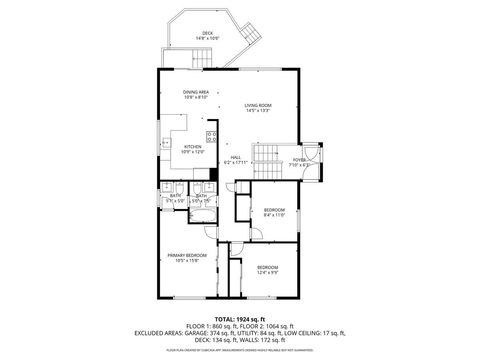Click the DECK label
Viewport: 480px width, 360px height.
[x=207, y=33]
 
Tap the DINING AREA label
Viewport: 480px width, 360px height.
[x=195, y=92]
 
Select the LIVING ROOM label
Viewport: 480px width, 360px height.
[x=259, y=106]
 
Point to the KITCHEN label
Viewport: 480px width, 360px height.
[x=193, y=147]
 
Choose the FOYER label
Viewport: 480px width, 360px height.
[x=299, y=157]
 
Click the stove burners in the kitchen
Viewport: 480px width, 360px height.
[x=212, y=137]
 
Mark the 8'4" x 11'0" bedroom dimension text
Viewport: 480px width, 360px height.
[x=274, y=214]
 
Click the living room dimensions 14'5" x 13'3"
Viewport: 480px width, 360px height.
[x=259, y=112]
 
